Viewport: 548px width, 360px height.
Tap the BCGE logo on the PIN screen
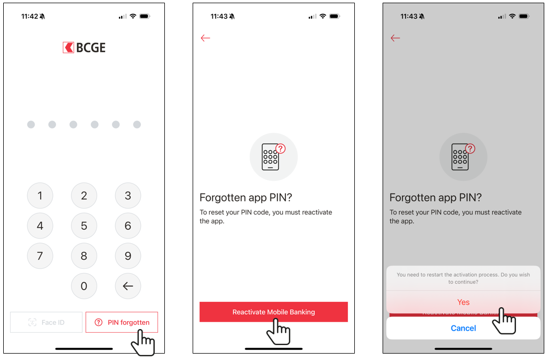[x=84, y=47]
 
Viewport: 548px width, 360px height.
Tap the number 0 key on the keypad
[x=84, y=286]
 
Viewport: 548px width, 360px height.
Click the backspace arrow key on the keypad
[x=128, y=286]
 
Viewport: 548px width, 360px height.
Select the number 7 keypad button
[x=40, y=256]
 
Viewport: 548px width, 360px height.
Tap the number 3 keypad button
[x=128, y=196]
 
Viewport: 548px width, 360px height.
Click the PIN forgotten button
[x=122, y=322]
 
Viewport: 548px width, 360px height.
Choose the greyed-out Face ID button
[x=46, y=322]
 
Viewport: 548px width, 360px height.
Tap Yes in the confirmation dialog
[x=463, y=302]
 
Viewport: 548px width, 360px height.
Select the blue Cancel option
[x=463, y=328]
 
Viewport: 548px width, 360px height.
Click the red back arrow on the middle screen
[x=205, y=38]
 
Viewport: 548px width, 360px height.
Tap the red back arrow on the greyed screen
[x=395, y=38]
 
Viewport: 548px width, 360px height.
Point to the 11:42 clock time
[x=29, y=17]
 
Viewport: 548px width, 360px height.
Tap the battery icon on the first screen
[x=145, y=16]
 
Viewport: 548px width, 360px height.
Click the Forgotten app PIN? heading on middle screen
[x=245, y=198]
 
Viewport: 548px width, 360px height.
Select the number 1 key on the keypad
[x=40, y=196]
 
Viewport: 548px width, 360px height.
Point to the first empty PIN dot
[x=31, y=124]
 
